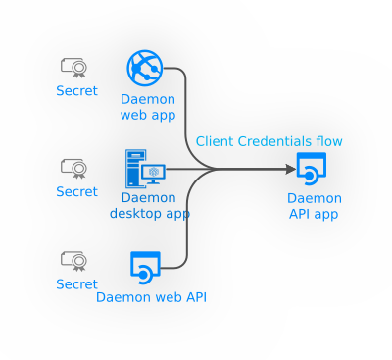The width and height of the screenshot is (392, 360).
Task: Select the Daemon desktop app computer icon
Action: (x=144, y=169)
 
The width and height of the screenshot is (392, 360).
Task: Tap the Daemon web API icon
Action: (x=145, y=266)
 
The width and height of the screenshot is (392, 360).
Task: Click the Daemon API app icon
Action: (x=311, y=169)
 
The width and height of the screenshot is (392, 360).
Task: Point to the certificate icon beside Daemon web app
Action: (x=73, y=67)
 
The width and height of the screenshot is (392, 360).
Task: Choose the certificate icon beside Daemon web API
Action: (x=73, y=260)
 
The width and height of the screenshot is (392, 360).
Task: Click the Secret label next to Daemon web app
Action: (x=76, y=91)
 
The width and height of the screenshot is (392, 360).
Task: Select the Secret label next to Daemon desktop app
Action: (x=76, y=191)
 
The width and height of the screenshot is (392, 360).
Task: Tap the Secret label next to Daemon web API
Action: (x=76, y=284)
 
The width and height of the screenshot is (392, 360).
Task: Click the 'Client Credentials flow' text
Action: (x=269, y=141)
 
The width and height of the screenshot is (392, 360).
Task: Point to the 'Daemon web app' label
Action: (x=148, y=107)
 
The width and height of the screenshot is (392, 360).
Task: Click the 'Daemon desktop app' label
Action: (x=149, y=205)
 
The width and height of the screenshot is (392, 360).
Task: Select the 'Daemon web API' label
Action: (x=151, y=297)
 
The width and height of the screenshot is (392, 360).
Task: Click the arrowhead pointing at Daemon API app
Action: (x=289, y=169)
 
